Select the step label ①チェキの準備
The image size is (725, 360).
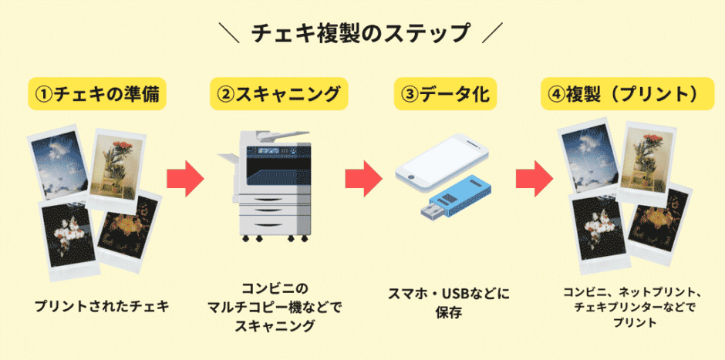(x=98, y=94)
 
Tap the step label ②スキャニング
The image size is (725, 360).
(x=278, y=94)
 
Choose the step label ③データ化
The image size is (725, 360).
(x=445, y=94)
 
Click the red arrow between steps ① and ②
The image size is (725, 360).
(x=185, y=179)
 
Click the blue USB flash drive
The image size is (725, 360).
(x=459, y=197)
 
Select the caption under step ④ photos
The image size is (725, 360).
(x=632, y=308)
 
